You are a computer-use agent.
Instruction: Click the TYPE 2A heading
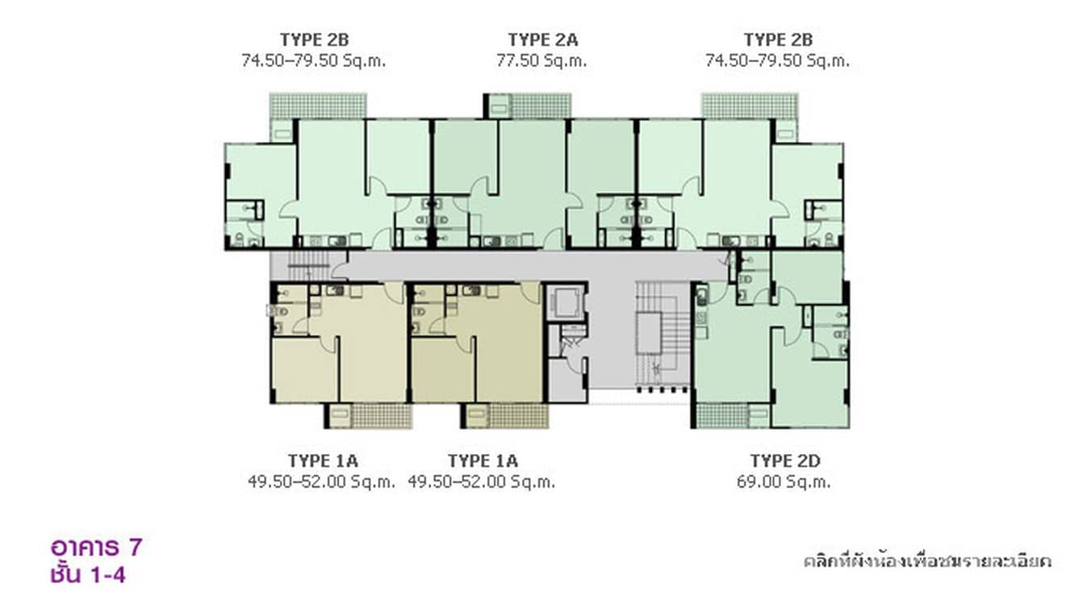coord(542,40)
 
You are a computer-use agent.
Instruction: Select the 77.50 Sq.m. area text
coord(542,60)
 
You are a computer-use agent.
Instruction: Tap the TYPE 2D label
coord(784,460)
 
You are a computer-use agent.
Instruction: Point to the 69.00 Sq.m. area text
coord(783,482)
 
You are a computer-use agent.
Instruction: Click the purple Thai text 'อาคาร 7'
coord(96,548)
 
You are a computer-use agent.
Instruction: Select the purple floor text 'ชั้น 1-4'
coord(86,574)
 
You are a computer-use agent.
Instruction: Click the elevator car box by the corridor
coord(566,303)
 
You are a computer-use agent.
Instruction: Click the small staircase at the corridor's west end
coord(308,264)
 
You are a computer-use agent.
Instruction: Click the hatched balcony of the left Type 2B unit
coord(318,106)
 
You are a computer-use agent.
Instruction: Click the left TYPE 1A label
coord(322,460)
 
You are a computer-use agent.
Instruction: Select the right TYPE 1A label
coord(483,460)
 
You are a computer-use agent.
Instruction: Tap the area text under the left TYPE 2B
coord(314,60)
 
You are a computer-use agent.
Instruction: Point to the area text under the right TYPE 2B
coord(777,60)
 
